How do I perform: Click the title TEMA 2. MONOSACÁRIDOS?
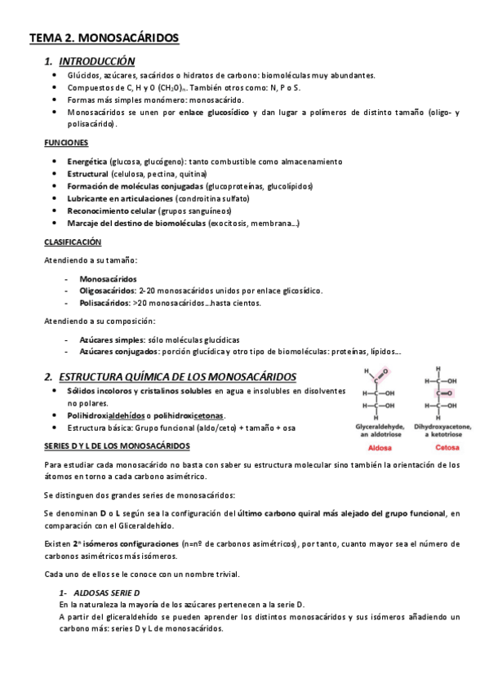104,38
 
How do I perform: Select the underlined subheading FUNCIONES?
66,142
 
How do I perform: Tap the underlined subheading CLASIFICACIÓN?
72,242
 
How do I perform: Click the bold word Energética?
87,162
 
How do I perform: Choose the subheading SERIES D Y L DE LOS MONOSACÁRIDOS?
117,446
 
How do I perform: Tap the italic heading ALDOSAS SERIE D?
107,592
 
